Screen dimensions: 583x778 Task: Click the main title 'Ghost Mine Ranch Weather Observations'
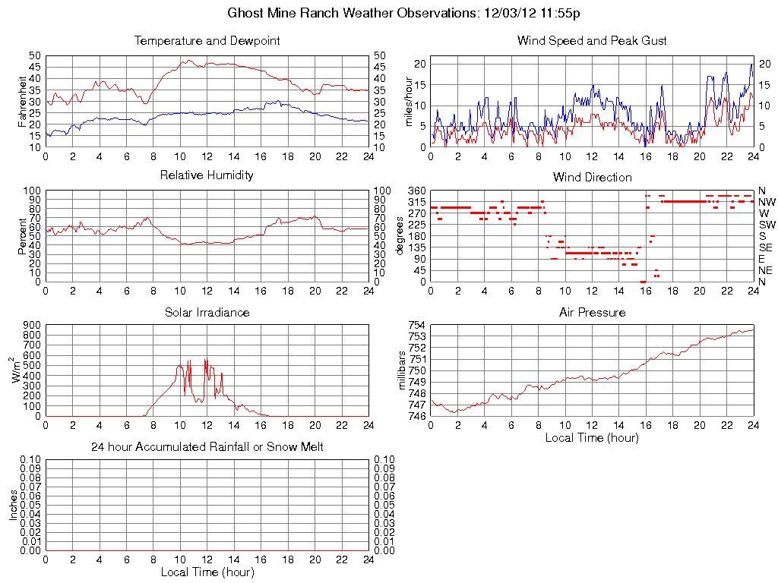[x=353, y=13]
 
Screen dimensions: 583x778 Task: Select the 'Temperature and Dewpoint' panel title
[x=207, y=41]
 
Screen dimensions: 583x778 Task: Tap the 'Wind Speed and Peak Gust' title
[x=592, y=41]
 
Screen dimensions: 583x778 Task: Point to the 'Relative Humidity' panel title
[x=207, y=175]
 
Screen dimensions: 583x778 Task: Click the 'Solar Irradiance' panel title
[x=207, y=312]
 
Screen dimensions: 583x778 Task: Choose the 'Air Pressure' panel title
[x=592, y=312]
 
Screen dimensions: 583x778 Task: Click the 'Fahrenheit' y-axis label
[x=23, y=101]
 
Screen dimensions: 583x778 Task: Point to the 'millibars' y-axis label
[x=403, y=370]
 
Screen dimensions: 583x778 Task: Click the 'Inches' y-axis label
[x=13, y=505]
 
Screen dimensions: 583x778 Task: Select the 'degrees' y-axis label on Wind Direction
[x=400, y=236]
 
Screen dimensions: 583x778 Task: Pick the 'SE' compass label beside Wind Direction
[x=766, y=247]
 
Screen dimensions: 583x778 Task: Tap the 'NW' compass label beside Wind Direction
[x=767, y=202]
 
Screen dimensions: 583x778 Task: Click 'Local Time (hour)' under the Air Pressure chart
[x=592, y=438]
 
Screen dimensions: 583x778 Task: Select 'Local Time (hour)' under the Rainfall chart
[x=207, y=572]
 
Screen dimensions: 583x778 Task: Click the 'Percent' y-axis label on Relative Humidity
[x=23, y=236]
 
